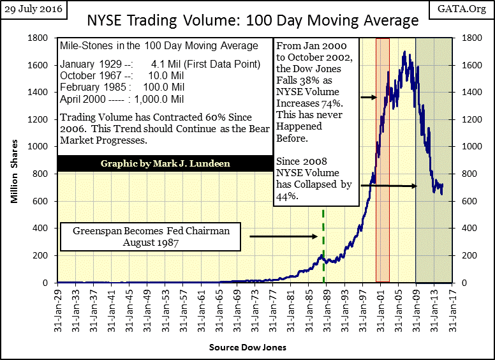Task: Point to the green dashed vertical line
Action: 323,243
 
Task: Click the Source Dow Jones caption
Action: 247,347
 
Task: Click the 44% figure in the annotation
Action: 284,197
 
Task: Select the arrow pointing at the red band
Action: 368,98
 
